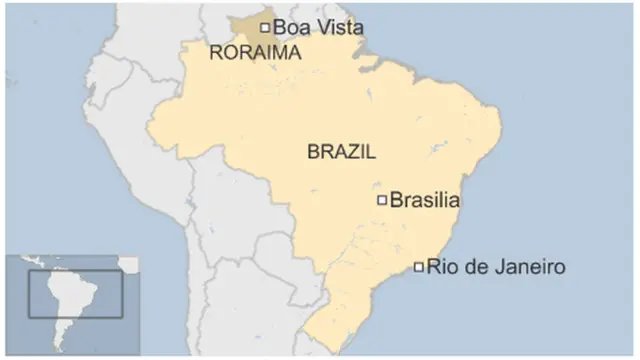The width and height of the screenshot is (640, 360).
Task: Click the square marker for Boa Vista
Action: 265,28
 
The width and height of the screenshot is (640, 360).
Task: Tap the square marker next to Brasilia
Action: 382,200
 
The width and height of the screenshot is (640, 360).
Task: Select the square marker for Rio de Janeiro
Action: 419,267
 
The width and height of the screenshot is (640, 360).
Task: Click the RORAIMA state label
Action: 255,53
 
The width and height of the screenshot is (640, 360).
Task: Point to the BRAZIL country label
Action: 341,153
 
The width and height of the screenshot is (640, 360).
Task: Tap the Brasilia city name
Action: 424,200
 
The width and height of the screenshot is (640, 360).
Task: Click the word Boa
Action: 289,28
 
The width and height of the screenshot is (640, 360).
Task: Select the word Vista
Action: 336,28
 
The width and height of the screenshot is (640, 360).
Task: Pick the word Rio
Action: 441,267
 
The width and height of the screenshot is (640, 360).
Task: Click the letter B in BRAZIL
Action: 313,153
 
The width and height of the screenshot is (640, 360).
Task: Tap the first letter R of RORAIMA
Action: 215,53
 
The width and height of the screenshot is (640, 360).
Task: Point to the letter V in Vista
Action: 315,28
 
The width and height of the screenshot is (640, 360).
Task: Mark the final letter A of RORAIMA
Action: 294,53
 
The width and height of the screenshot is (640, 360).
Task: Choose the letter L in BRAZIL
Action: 370,153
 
